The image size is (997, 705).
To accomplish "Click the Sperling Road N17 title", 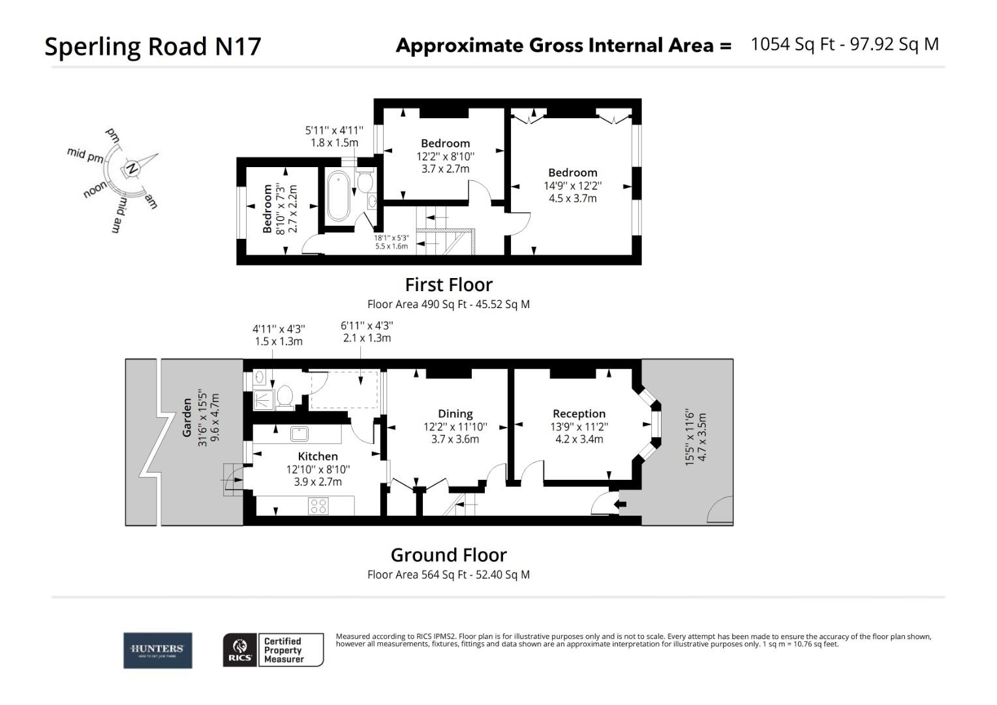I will [153, 46].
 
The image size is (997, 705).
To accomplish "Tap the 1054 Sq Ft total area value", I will [793, 44].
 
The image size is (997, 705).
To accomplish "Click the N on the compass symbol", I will [132, 168].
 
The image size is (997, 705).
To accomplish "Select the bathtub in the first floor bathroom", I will [338, 196].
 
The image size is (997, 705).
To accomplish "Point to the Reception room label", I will [579, 413].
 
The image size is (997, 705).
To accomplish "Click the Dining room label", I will [455, 413].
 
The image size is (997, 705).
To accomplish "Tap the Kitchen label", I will [318, 456].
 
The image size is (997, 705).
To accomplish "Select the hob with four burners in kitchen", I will [318, 505].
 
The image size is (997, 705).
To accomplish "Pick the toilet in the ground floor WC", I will [285, 396].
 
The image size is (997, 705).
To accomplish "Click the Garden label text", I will [187, 418].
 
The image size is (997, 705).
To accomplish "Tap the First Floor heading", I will [448, 285].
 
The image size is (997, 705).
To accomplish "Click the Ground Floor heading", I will [448, 555].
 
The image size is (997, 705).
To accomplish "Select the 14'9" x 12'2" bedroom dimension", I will [572, 185].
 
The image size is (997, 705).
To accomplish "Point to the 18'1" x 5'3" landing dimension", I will [391, 238].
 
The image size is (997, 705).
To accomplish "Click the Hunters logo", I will [157, 650].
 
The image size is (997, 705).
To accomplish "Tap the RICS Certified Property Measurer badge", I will [273, 650].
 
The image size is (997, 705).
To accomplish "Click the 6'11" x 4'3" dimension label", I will [367, 325].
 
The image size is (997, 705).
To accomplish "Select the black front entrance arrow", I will [620, 504].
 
